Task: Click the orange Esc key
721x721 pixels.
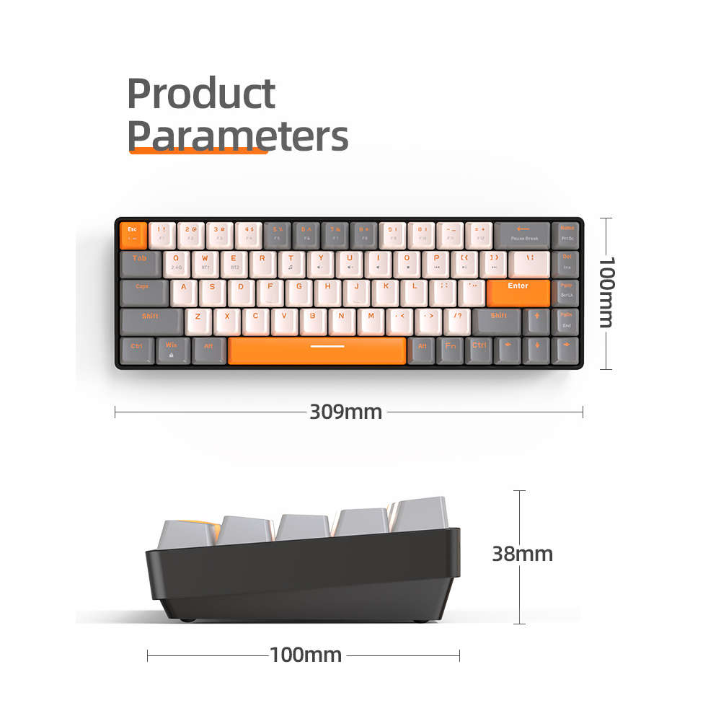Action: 133,234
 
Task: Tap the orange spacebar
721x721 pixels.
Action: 317,350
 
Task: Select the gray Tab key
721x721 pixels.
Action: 141,263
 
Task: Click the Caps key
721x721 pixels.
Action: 143,292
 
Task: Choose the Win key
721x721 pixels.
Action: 172,350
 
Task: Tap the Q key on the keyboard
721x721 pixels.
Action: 177,263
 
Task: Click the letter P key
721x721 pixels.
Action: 435,263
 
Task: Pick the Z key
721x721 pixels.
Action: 199,321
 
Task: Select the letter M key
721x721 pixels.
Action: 371,321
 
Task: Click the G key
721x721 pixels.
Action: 299,292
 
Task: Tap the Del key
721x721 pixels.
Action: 566,263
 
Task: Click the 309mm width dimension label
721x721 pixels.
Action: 346,412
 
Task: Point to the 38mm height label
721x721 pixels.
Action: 522,554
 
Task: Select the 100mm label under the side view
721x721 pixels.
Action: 306,655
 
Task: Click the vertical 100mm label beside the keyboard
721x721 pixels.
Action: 606,292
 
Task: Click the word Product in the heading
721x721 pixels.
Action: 201,94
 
